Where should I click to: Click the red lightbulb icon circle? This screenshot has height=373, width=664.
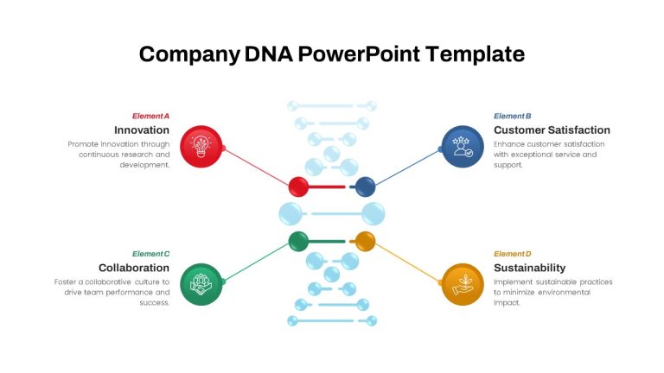(x=201, y=146)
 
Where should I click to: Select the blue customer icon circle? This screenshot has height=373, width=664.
(x=463, y=146)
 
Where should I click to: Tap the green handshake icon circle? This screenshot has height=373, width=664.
(x=201, y=284)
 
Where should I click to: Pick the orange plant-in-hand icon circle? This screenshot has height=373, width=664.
(x=463, y=284)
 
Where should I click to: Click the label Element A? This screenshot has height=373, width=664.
(x=150, y=116)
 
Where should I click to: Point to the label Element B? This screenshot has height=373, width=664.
(x=513, y=116)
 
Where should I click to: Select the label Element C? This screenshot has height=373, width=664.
(x=150, y=254)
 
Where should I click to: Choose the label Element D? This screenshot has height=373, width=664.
(x=513, y=254)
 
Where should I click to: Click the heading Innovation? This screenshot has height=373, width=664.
(x=142, y=130)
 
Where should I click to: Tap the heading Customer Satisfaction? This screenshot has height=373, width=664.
(x=552, y=130)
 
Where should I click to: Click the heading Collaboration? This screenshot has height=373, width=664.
(x=134, y=268)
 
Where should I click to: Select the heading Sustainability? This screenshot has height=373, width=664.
(x=530, y=268)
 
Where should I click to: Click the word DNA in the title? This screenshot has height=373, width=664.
(x=269, y=54)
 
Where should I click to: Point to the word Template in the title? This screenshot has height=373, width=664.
(x=476, y=54)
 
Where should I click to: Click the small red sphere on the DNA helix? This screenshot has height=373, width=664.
(x=298, y=186)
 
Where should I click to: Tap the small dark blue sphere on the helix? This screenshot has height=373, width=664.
(x=365, y=186)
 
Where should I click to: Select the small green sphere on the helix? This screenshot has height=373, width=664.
(x=298, y=242)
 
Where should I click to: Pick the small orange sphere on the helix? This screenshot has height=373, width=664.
(x=365, y=242)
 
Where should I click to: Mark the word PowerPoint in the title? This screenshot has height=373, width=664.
(x=359, y=54)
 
